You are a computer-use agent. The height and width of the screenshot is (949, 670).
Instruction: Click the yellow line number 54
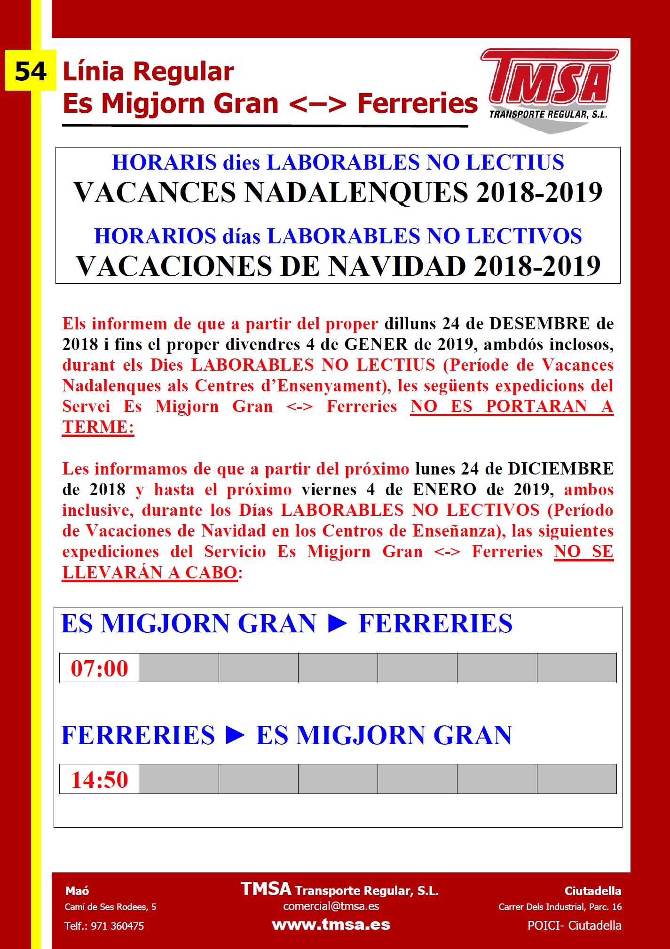click(31, 71)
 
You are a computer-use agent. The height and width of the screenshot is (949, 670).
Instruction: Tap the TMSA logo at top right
click(550, 89)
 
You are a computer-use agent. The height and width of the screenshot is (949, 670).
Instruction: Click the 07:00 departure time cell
click(99, 668)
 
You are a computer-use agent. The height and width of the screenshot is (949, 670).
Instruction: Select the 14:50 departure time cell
click(99, 779)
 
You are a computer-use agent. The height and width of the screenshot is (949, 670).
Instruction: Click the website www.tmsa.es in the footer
click(331, 925)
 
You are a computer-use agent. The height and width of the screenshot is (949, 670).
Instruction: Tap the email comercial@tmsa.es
click(331, 906)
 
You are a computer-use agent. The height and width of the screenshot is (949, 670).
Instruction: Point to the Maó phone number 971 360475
click(117, 926)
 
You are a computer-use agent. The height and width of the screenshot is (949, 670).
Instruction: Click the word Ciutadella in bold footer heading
click(592, 891)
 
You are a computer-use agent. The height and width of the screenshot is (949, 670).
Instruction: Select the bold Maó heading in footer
click(77, 891)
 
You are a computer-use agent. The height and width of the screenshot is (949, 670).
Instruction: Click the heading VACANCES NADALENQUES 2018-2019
click(338, 192)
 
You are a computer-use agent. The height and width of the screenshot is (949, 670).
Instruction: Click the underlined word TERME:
click(98, 427)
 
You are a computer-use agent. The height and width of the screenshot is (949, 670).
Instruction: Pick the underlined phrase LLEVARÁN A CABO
click(150, 572)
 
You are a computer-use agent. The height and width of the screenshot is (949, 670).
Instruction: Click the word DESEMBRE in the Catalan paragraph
click(539, 324)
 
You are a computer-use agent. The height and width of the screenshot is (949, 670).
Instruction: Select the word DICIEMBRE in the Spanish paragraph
click(560, 469)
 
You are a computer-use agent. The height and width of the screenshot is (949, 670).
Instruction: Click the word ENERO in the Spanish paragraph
click(444, 490)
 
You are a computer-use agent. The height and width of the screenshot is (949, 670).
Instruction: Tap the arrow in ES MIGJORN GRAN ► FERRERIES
click(337, 624)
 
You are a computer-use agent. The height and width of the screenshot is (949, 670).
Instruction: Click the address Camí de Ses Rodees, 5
click(110, 907)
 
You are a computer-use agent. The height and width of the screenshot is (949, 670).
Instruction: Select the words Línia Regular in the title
click(148, 72)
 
